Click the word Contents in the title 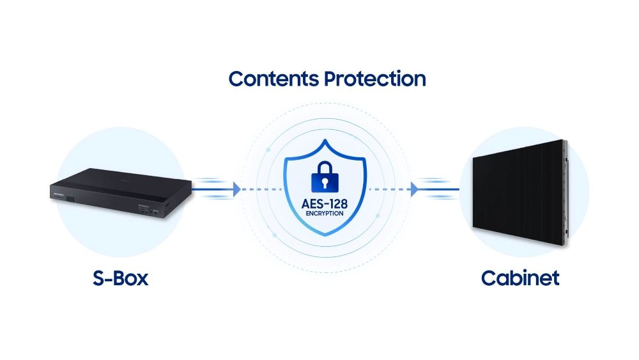point(273,79)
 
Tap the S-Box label point(120,278)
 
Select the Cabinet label point(520,278)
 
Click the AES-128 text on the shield point(325,204)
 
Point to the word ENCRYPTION point(325,213)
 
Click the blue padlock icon point(325,176)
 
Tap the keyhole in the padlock point(325,182)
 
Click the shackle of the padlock point(325,166)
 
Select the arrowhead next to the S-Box point(236,189)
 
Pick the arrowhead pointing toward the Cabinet point(414,189)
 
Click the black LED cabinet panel point(518,192)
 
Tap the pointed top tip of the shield point(325,140)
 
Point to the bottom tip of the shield point(325,236)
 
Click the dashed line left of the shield point(261,189)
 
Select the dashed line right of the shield point(389,189)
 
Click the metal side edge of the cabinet point(566,192)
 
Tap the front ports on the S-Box point(148,210)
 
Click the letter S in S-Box point(98,278)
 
